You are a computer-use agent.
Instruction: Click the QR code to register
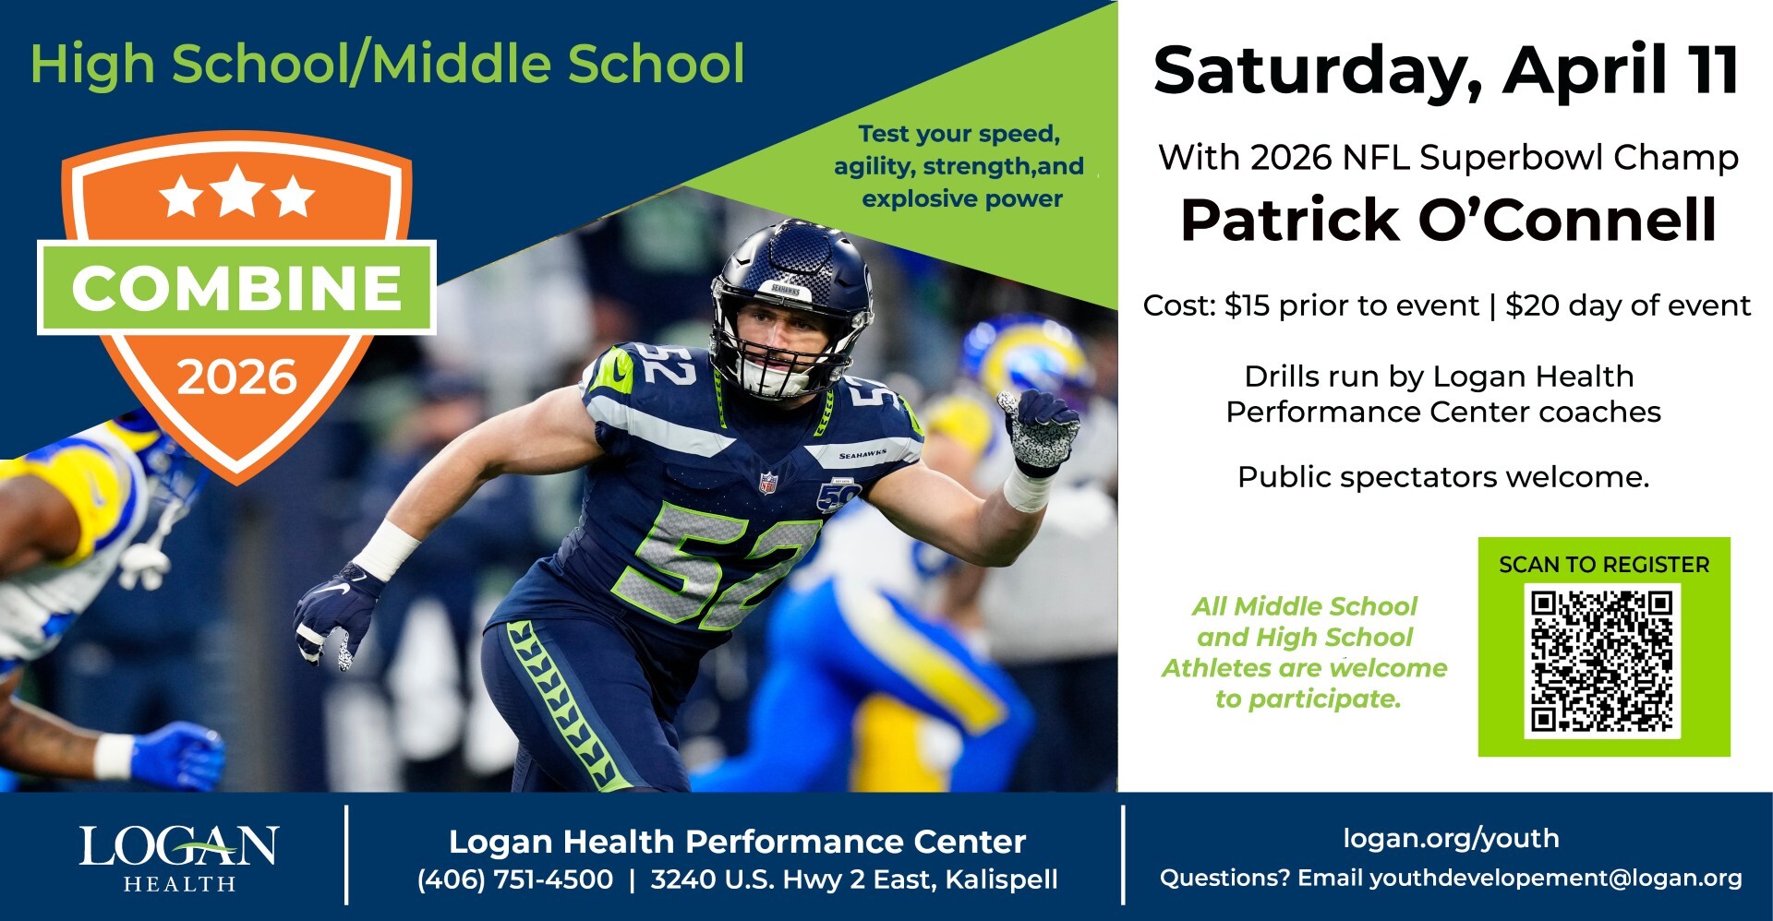(1602, 662)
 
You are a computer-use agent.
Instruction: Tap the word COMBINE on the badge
(236, 288)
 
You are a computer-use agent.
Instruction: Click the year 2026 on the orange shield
(236, 377)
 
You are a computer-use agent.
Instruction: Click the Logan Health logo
(178, 857)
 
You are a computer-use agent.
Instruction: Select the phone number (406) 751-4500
(515, 879)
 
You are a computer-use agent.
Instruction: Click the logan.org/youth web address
(1451, 838)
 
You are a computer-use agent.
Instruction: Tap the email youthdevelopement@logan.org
(1555, 878)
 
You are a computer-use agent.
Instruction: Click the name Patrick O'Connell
(1448, 220)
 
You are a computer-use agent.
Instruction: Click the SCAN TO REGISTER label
(1604, 565)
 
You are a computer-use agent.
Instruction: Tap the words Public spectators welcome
(1442, 477)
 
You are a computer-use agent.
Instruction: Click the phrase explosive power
(961, 199)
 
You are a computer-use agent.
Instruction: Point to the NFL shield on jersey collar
(767, 482)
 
